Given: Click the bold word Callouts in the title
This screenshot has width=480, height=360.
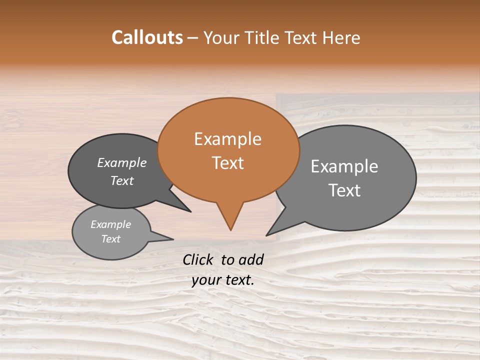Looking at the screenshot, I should (x=147, y=37).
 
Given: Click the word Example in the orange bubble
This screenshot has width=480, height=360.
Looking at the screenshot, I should (x=227, y=139).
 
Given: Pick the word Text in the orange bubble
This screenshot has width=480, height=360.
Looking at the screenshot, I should (x=227, y=163).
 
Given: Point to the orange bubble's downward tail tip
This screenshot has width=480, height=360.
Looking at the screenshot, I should (x=230, y=229).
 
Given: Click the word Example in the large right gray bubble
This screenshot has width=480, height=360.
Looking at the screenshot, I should (x=344, y=166).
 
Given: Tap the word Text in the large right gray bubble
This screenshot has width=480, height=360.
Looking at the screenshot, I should (x=344, y=190).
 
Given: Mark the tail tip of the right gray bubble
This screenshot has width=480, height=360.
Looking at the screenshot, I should (x=267, y=234).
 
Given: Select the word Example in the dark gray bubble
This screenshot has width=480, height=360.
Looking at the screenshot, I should (x=121, y=162).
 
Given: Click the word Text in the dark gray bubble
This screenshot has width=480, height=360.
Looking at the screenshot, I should (x=121, y=180).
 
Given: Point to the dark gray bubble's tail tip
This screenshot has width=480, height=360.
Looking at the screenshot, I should (x=190, y=211).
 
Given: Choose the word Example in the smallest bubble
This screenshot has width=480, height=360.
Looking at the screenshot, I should (x=110, y=224).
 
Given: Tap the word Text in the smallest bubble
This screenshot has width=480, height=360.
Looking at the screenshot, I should (x=110, y=239).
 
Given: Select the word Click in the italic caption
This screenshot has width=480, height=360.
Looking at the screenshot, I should (x=198, y=259).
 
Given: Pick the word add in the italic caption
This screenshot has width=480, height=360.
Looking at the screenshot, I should (x=251, y=259).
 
